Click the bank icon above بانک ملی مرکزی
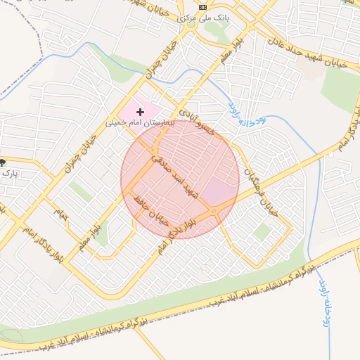point(203,6)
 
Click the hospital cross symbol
point(141,112)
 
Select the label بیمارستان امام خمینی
point(134,122)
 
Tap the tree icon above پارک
point(5,162)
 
